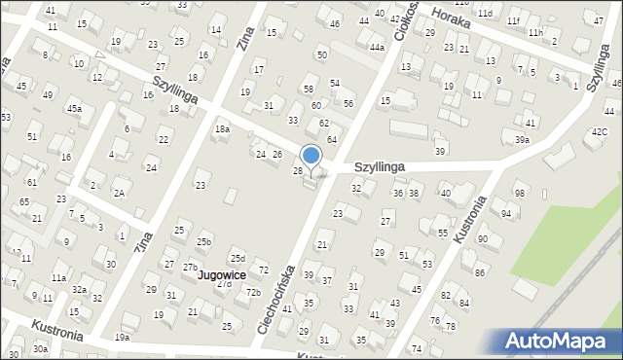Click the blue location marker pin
point(311,156)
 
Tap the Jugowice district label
point(221,275)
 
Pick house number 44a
point(377,47)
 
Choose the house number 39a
point(523,140)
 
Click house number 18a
point(223,128)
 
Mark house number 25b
point(203,241)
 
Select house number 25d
point(238,258)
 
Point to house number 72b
point(253,292)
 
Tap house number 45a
point(74,109)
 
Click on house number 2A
point(118,193)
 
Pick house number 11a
point(58,278)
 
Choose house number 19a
point(122,337)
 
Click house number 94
point(506,213)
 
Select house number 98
point(520,194)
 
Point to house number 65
point(24,200)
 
